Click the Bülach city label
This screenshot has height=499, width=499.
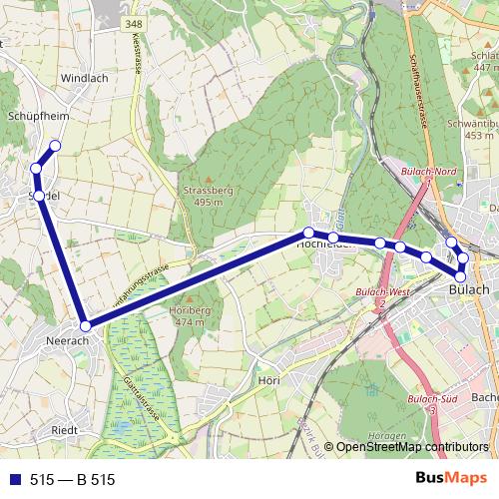click(x=468, y=289)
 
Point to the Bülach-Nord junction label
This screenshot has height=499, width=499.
click(x=428, y=172)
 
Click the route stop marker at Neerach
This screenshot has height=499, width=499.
click(x=86, y=325)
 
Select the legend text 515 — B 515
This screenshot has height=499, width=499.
click(x=73, y=480)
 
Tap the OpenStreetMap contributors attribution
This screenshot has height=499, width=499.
click(x=412, y=447)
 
